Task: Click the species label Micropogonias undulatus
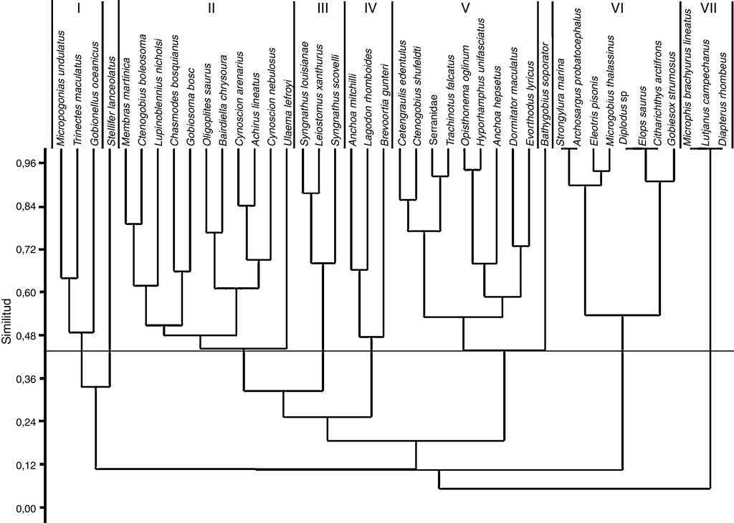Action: pyautogui.click(x=62, y=89)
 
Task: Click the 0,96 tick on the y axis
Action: pyautogui.click(x=26, y=163)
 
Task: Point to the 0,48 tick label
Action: pyautogui.click(x=26, y=335)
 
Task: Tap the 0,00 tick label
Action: pyautogui.click(x=26, y=508)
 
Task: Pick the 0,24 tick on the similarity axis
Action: pyautogui.click(x=26, y=421)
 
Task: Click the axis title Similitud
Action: pyautogui.click(x=7, y=322)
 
